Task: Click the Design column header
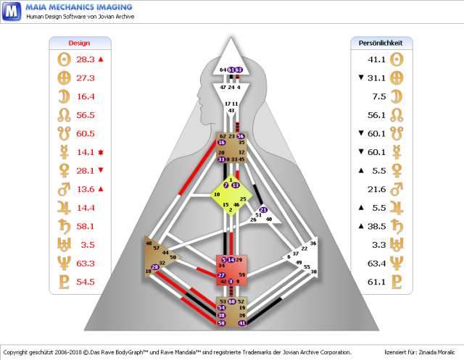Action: point(79,43)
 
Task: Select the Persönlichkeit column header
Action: point(381,43)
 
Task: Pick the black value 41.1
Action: point(376,59)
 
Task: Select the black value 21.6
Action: point(376,189)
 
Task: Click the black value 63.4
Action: point(376,263)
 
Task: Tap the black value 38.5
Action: point(376,226)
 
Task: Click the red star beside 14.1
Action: point(101,152)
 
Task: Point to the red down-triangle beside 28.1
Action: point(101,170)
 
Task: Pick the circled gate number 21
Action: point(263,210)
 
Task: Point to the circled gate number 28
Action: point(155,267)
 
